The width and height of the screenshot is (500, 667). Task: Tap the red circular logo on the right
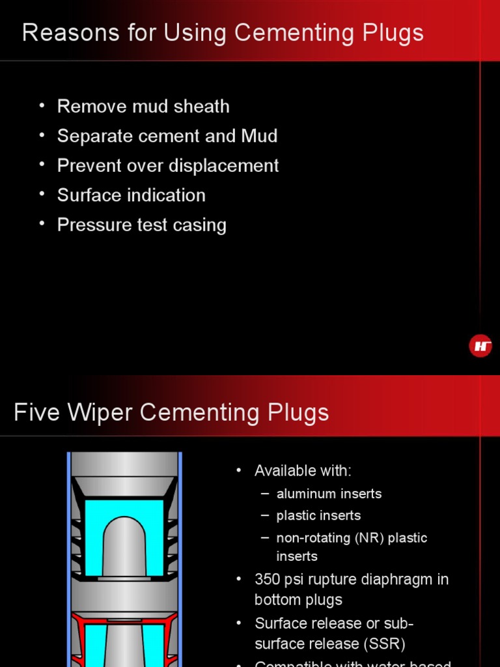pyautogui.click(x=480, y=346)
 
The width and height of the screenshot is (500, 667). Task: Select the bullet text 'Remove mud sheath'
pyautogui.click(x=143, y=106)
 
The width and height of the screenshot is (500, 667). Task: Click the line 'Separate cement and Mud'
pyautogui.click(x=167, y=136)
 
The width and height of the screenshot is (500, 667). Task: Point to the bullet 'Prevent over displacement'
pyautogui.click(x=168, y=165)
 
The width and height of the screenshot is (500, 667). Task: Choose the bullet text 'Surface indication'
pyautogui.click(x=131, y=195)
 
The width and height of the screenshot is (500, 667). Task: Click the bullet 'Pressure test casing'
pyautogui.click(x=142, y=225)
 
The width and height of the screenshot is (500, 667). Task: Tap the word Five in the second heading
pyautogui.click(x=36, y=412)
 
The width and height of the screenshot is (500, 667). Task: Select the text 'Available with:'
pyautogui.click(x=303, y=471)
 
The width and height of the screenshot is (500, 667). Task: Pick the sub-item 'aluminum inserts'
pyautogui.click(x=329, y=494)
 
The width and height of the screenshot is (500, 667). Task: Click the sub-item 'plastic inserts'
pyautogui.click(x=318, y=516)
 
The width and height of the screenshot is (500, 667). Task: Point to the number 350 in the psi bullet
pyautogui.click(x=268, y=579)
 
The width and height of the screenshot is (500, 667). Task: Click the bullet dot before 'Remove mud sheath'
pyautogui.click(x=42, y=105)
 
